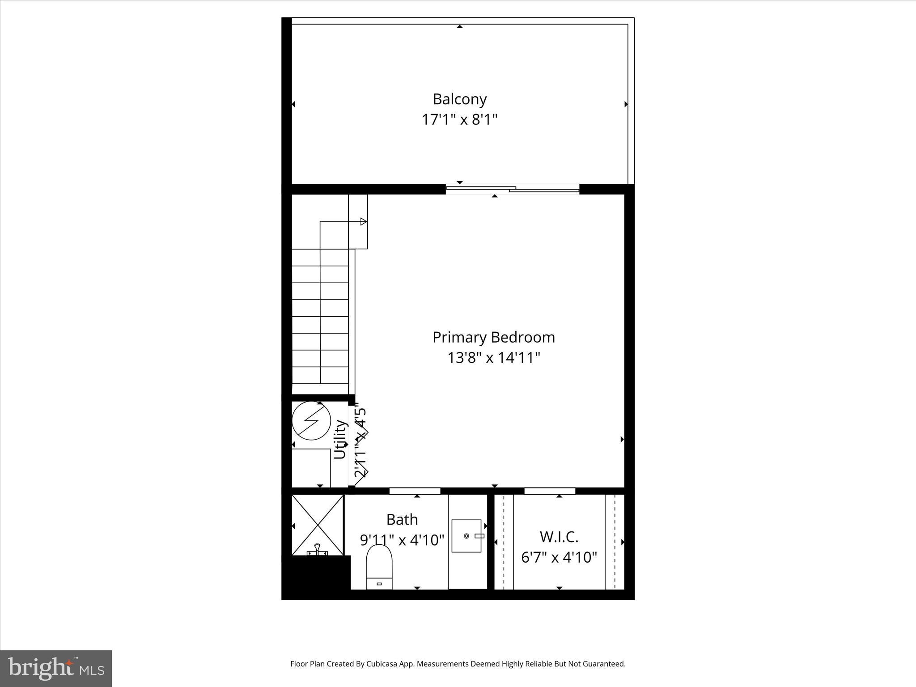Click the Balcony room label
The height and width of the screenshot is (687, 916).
[459, 99]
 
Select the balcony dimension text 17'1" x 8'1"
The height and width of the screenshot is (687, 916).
[459, 120]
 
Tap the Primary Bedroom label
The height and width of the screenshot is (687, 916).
[493, 337]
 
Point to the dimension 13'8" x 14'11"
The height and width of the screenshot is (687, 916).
[493, 358]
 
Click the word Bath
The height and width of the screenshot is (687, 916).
[402, 519]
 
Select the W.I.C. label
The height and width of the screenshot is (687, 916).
[559, 536]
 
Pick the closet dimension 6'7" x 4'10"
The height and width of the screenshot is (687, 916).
[559, 557]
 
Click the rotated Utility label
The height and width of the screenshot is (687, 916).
[340, 439]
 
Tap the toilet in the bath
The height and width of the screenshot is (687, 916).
[379, 567]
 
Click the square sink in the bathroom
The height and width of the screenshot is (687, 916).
[466, 536]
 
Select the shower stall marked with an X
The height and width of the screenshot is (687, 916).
[318, 524]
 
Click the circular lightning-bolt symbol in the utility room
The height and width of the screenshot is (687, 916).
[311, 421]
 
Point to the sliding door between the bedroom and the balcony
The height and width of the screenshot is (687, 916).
[513, 189]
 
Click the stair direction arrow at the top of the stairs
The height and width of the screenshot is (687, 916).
[363, 221]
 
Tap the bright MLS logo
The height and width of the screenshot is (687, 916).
[56, 668]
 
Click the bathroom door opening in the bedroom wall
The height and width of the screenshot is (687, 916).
[415, 491]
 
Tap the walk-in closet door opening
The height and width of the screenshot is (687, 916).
[550, 491]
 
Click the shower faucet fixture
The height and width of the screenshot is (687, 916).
[317, 550]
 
